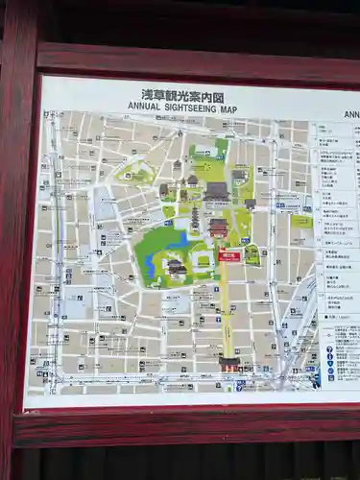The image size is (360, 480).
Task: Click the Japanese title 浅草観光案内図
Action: click(182, 95)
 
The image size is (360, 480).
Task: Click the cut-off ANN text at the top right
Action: click(350, 114)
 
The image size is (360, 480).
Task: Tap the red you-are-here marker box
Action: click(228, 255)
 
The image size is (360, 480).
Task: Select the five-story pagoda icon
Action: click(196, 219)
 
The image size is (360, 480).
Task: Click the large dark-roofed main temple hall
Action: click(216, 190)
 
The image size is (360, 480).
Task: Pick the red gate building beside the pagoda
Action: click(218, 228)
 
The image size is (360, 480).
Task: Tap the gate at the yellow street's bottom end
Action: click(228, 364)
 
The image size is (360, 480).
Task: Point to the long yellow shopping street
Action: click(228, 307)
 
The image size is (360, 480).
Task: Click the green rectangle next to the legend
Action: click(302, 222)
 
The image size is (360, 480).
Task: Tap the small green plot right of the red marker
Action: click(252, 255)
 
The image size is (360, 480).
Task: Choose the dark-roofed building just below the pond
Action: click(177, 268)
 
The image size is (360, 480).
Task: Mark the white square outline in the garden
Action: click(203, 260)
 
